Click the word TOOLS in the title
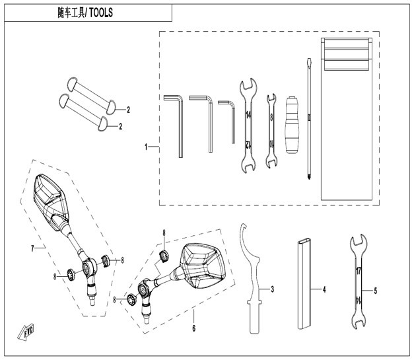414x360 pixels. [102, 13]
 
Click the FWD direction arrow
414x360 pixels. [26, 332]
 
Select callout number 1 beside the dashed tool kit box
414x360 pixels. [146, 147]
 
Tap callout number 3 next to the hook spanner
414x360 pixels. [273, 289]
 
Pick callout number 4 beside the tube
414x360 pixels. [324, 290]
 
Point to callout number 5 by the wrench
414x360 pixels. [376, 291]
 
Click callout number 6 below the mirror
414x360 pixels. [194, 328]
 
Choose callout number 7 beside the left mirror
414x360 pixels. [32, 248]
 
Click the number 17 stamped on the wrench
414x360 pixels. [359, 271]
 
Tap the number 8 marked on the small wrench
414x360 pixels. [271, 118]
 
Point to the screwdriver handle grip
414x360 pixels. [292, 125]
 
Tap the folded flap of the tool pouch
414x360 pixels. [347, 54]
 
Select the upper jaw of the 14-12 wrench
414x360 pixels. [248, 85]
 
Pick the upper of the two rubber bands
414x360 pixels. [91, 96]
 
